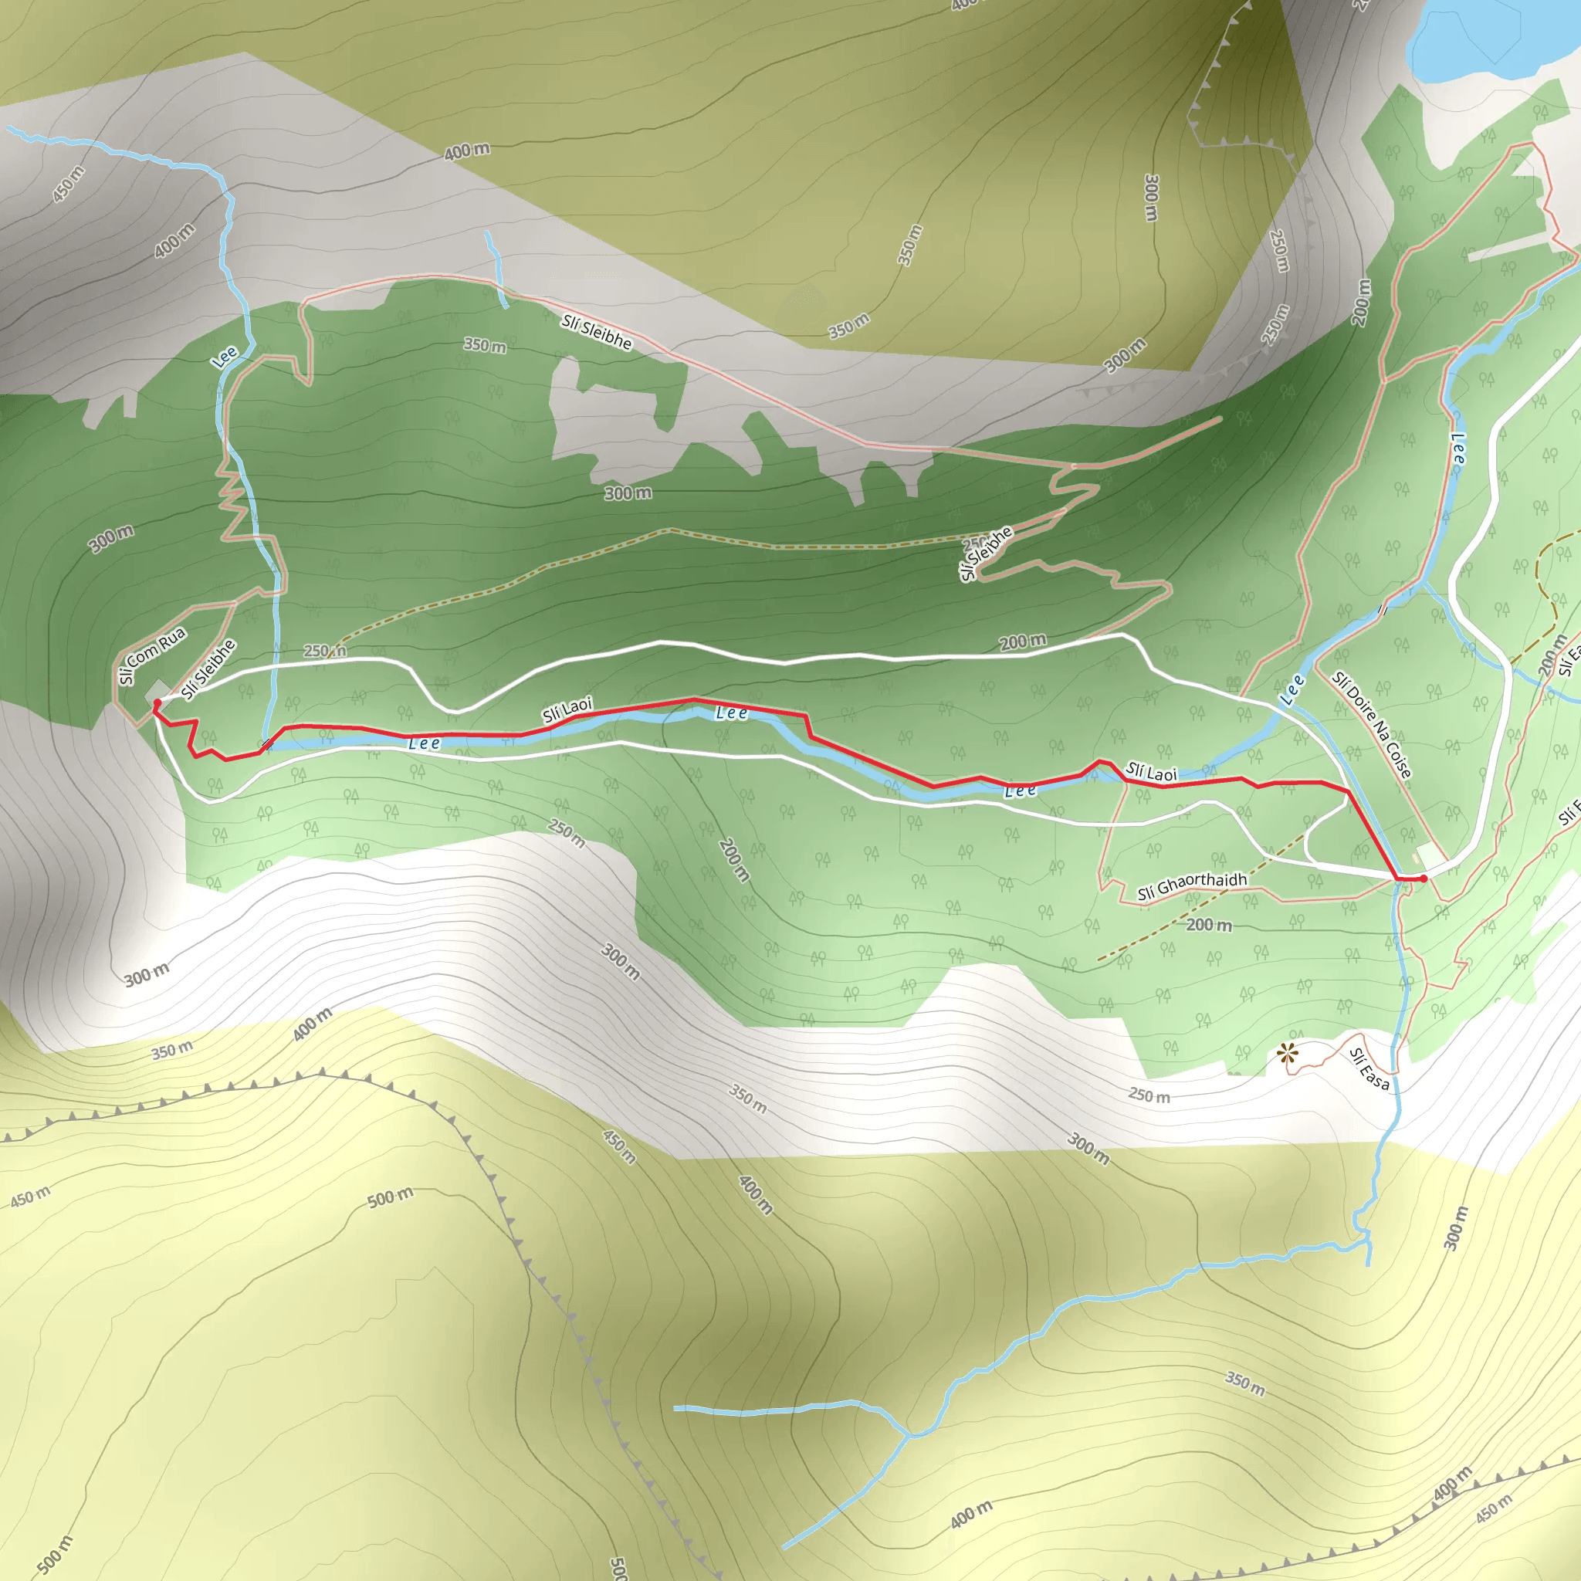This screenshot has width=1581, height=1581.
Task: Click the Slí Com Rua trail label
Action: tap(152, 655)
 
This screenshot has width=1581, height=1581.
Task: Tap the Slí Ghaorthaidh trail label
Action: tap(1192, 885)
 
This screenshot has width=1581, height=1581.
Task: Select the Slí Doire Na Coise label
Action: tap(1372, 725)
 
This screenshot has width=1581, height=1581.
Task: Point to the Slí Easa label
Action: tap(1369, 1068)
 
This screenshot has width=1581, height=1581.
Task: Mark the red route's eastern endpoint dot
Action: tap(1424, 878)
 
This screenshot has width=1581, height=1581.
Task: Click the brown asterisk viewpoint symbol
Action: tap(1289, 1053)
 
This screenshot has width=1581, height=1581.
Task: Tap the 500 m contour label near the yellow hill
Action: tap(391, 1198)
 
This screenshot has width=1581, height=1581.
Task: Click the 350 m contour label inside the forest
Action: tap(485, 345)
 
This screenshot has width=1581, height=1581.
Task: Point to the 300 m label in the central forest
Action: tap(628, 493)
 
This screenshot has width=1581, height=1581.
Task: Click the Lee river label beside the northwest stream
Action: tap(224, 357)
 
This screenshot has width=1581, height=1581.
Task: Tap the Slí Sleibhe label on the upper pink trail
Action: tap(597, 332)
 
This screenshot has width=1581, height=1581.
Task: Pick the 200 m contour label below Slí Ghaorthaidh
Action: tap(1209, 925)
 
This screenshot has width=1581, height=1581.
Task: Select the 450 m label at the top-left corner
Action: tap(69, 185)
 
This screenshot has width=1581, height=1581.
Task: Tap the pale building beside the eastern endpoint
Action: tap(1430, 857)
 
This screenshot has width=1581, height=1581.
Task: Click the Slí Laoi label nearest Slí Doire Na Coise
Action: tap(1150, 772)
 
